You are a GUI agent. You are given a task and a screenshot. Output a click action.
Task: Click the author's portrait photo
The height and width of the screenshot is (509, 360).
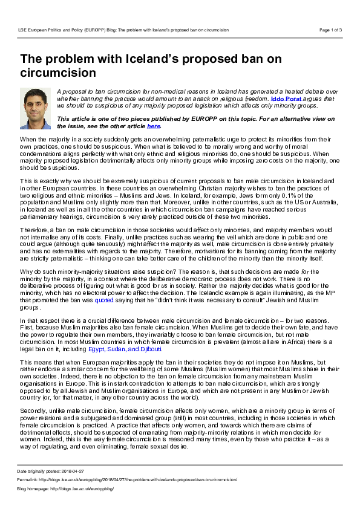tap(36, 108)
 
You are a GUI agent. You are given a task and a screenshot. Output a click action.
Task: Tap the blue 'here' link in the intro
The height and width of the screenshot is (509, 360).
tap(154, 126)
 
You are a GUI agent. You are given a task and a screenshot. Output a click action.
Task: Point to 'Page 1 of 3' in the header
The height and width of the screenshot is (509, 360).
tap(330, 30)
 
